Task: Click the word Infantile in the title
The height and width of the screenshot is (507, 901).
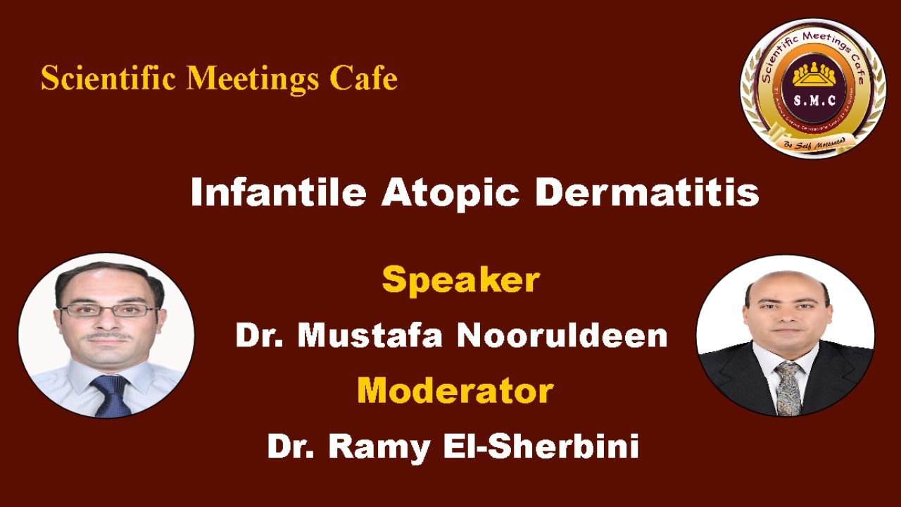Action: [x=278, y=192]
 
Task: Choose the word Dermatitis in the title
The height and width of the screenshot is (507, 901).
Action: [x=646, y=192]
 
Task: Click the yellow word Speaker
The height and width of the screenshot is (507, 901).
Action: [x=460, y=280]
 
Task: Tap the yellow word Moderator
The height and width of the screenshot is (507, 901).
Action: [x=455, y=389]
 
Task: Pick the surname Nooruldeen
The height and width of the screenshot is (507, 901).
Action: [x=562, y=335]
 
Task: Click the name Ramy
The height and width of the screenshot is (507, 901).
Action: [x=375, y=446]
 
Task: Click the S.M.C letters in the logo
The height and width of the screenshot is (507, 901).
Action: [x=814, y=100]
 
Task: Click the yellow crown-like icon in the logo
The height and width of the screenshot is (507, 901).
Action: [x=814, y=73]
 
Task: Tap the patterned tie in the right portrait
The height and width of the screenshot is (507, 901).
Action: [x=788, y=387]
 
